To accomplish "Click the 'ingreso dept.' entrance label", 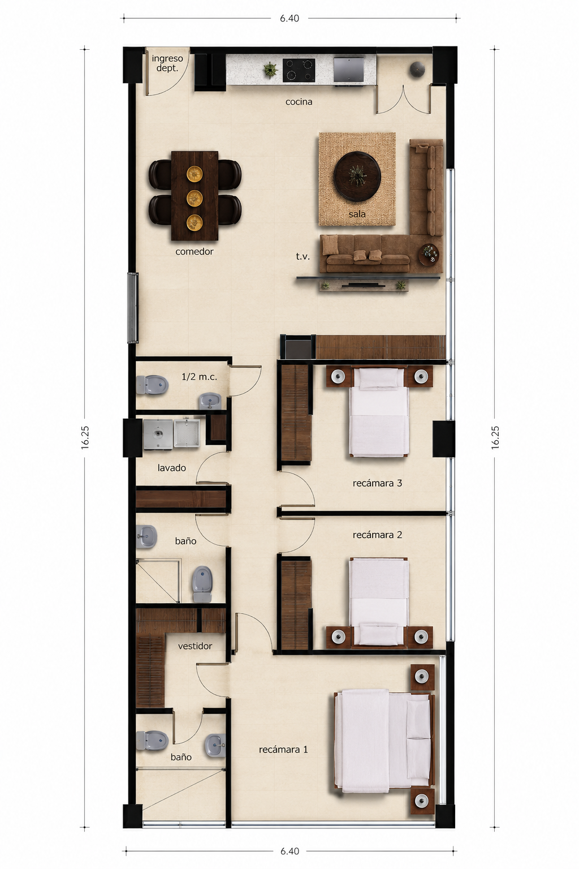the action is pyautogui.click(x=167, y=63).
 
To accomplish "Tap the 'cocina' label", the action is pyautogui.click(x=299, y=102).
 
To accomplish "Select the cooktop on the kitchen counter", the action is pyautogui.click(x=299, y=70).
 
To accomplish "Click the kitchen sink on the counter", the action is pyautogui.click(x=349, y=69).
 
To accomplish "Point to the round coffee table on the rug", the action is pyautogui.click(x=357, y=175).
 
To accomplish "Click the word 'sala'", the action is pyautogui.click(x=357, y=214).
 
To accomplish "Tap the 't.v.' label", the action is pyautogui.click(x=303, y=256).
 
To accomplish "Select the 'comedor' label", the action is pyautogui.click(x=195, y=251).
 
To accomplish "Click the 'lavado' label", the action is pyautogui.click(x=171, y=468).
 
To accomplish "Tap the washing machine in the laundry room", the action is pyautogui.click(x=158, y=434).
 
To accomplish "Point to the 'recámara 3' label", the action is pyautogui.click(x=377, y=483).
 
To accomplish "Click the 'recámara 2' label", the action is pyautogui.click(x=377, y=535).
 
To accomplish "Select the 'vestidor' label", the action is pyautogui.click(x=195, y=646).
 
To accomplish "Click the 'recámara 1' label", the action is pyautogui.click(x=283, y=750).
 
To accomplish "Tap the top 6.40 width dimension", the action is pyautogui.click(x=289, y=18).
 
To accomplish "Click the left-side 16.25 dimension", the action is pyautogui.click(x=85, y=437).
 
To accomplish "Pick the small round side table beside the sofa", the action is pyautogui.click(x=430, y=255).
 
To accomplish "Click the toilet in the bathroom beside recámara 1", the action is pyautogui.click(x=152, y=740).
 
